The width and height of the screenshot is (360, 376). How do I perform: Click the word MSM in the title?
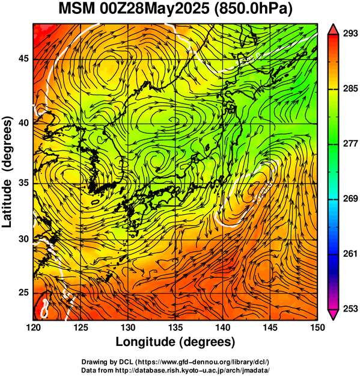77,10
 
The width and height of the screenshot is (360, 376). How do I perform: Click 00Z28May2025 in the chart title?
154,10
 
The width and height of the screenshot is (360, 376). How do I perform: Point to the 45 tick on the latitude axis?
23,58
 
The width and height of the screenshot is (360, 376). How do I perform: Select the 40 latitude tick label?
23,123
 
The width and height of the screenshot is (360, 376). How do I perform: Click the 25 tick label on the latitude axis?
23,293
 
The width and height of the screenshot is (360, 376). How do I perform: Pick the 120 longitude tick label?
33,327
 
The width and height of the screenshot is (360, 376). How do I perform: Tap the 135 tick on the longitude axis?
175,327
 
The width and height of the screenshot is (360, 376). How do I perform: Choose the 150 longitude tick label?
317,327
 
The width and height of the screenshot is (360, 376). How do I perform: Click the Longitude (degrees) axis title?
175,342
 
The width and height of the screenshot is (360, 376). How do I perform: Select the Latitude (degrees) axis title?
7,172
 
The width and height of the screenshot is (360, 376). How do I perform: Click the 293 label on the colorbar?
350,34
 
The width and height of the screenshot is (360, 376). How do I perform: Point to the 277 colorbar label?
350,144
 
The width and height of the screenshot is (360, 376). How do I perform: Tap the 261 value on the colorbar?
350,254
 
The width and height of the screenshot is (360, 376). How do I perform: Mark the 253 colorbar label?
350,309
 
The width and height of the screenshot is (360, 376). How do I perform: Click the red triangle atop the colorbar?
334,29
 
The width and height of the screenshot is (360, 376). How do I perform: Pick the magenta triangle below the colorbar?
334,314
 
